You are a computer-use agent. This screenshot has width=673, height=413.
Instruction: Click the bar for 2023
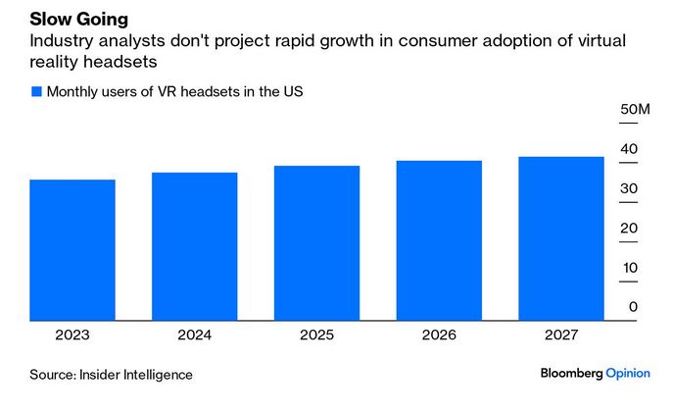[x=72, y=249]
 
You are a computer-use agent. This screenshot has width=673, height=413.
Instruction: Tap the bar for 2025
[x=316, y=242]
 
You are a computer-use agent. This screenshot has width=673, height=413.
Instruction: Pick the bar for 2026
[x=439, y=239]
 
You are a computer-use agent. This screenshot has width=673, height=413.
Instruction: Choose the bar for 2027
[x=560, y=237]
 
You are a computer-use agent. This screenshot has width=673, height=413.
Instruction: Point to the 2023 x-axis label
[x=72, y=335]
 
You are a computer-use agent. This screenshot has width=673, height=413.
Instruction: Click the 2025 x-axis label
[x=316, y=335]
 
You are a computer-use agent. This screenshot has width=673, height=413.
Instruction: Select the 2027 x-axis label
[x=560, y=335]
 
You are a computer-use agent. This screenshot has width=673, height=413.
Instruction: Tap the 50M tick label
[x=635, y=109]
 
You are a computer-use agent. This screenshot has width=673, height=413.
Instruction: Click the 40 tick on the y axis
[x=628, y=149]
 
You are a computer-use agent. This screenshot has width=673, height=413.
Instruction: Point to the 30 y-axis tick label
[x=628, y=188]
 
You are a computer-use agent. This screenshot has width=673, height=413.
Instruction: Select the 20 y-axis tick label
[x=628, y=228]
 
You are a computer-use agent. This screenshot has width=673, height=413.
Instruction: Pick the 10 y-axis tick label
[x=628, y=267]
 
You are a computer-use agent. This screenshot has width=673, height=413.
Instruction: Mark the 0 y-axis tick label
[x=633, y=307]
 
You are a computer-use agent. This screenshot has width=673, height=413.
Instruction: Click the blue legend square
[x=36, y=91]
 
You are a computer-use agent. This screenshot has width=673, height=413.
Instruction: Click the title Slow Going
[x=78, y=20]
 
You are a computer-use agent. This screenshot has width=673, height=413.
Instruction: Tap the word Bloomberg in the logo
[x=571, y=374]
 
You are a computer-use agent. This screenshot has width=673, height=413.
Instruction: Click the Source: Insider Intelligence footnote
[x=111, y=374]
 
